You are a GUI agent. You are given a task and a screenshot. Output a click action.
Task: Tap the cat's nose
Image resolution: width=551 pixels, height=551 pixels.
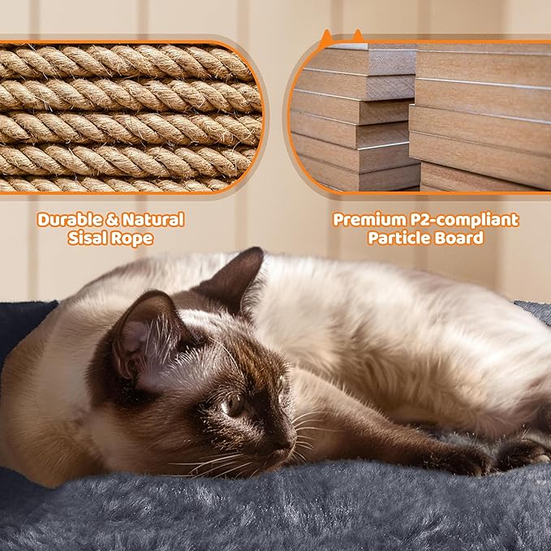coord(285,446)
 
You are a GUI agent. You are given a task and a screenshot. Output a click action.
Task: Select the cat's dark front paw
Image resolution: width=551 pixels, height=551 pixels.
coord(463,459)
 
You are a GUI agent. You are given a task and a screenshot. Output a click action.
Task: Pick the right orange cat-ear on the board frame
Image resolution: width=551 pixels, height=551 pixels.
coord(357,36)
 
